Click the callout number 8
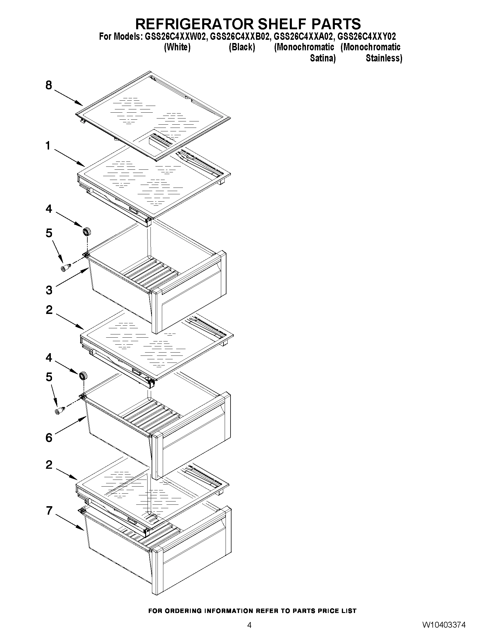49,85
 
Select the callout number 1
48,146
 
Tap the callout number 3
49,290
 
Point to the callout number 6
49,438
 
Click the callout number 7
49,510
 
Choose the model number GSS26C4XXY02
367,37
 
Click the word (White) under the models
177,47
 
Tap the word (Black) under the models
242,47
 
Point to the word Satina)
323,58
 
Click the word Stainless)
384,58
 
